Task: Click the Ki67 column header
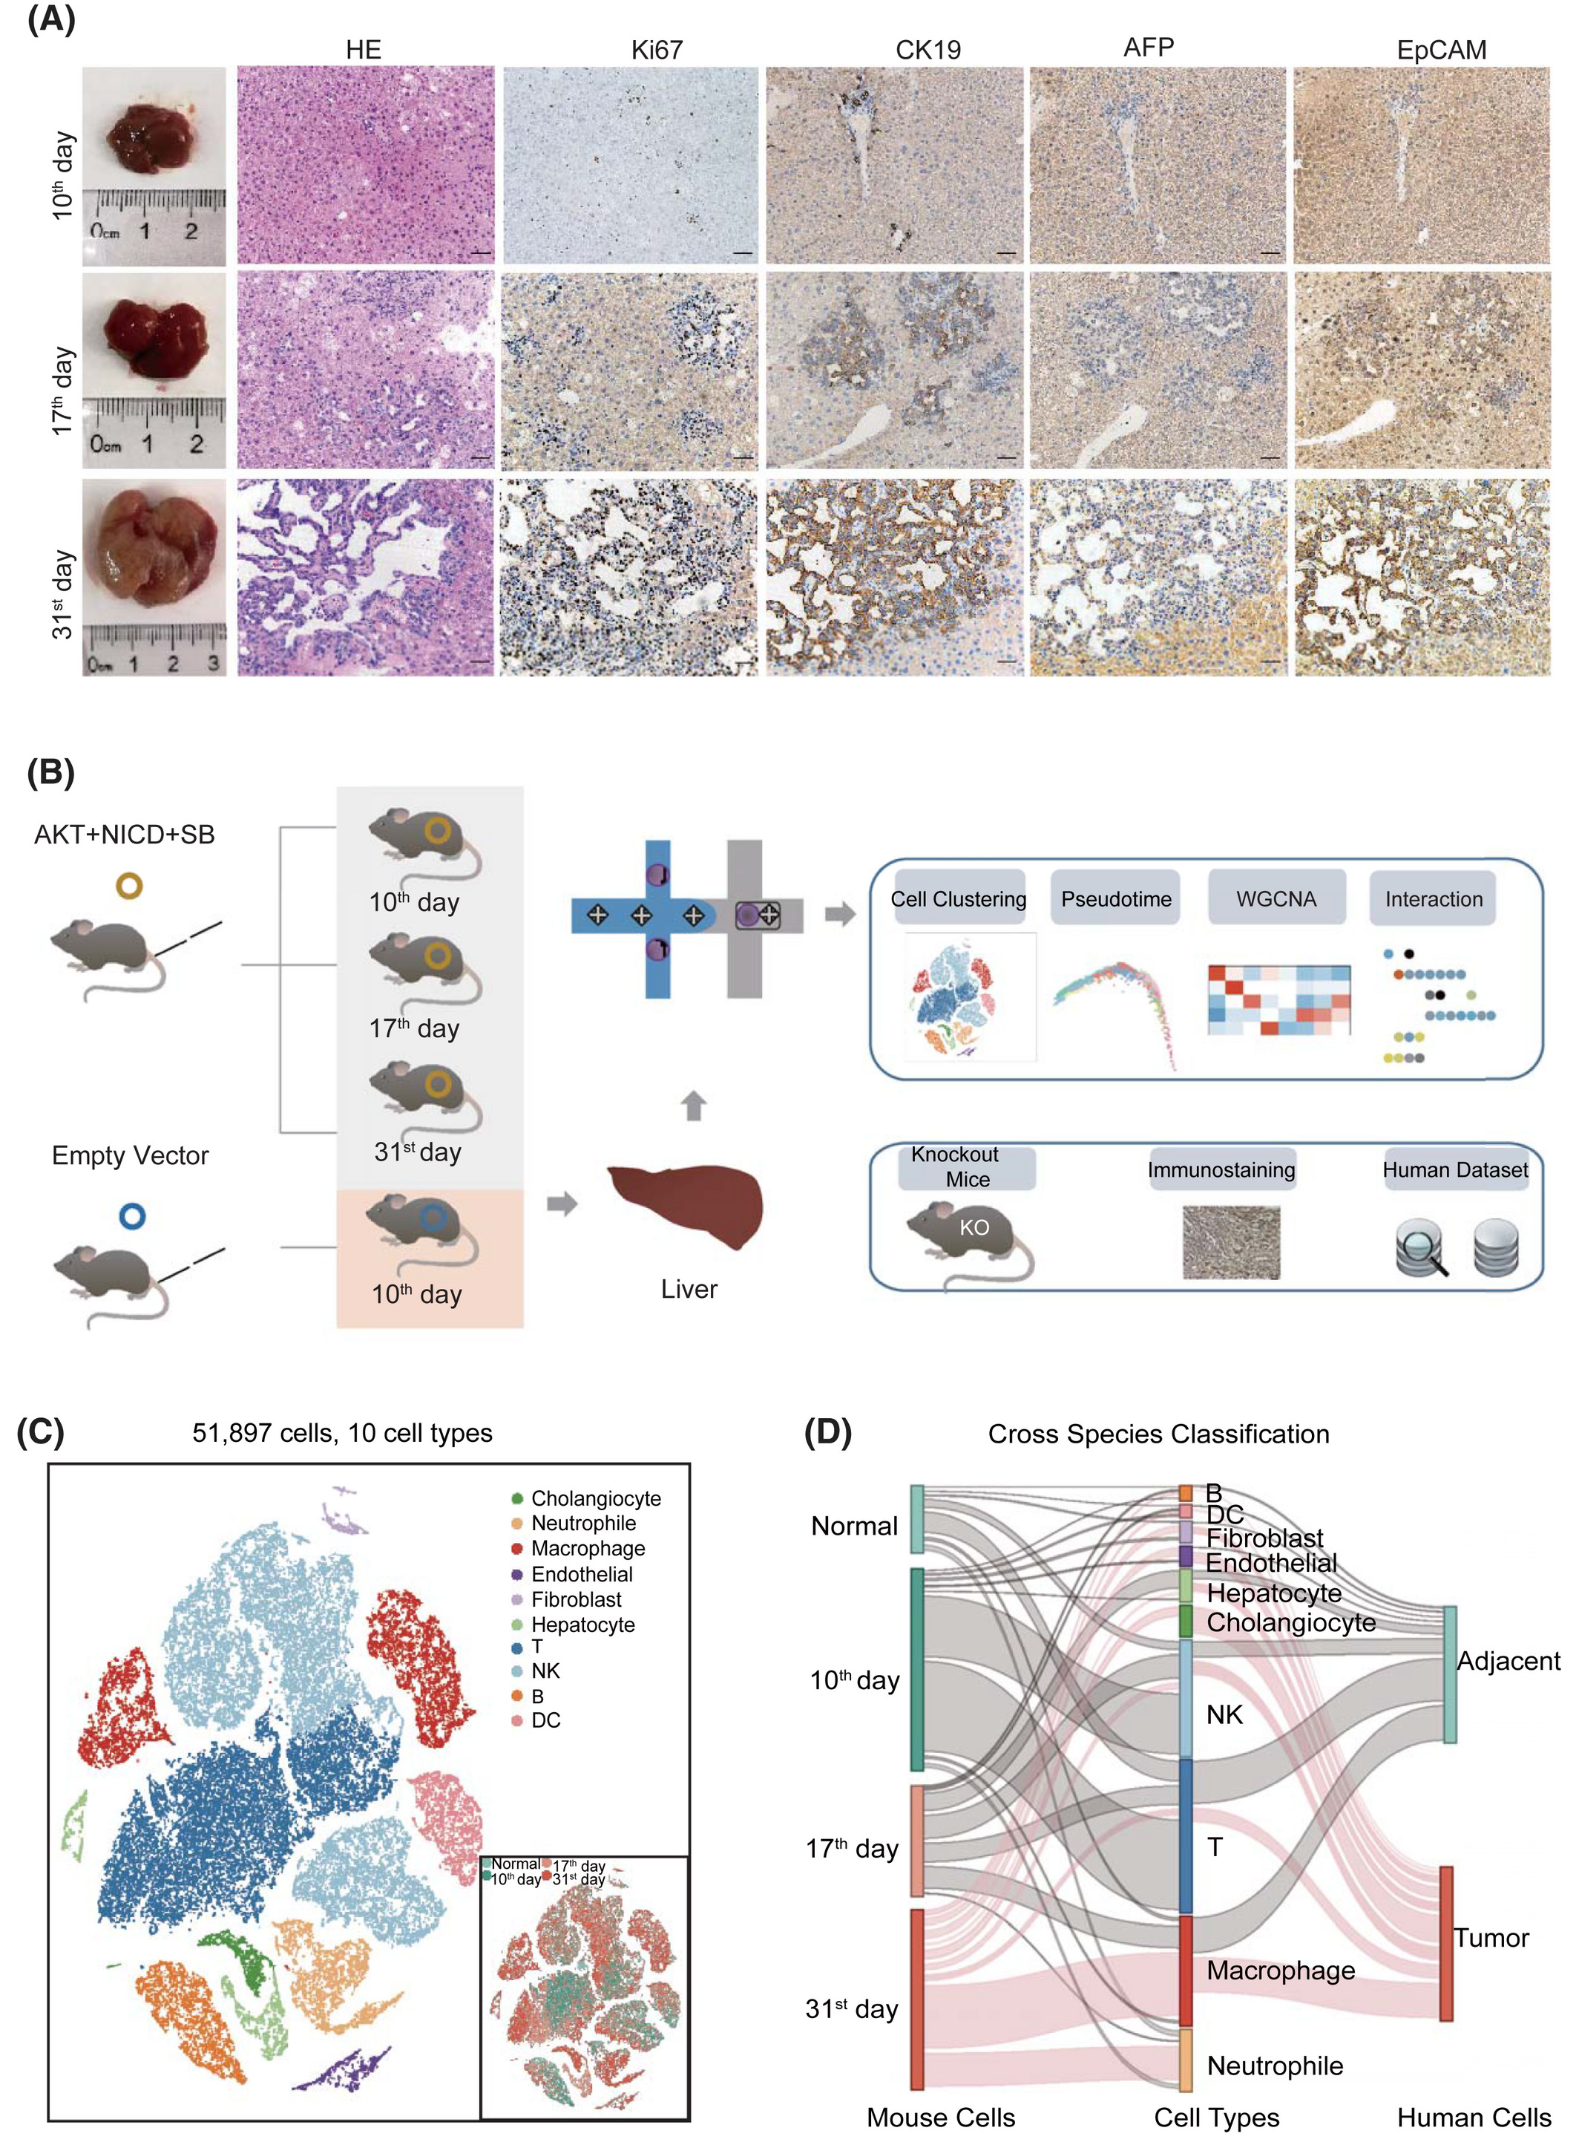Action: pos(657,50)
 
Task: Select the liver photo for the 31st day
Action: pos(154,578)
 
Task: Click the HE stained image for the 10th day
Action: pos(366,166)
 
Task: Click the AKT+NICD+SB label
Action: pos(124,835)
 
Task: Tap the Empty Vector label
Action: pos(130,1155)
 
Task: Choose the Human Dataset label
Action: pos(1455,1169)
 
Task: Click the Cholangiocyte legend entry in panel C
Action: pos(586,1498)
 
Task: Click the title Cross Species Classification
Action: pos(1158,1434)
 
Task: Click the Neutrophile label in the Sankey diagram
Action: pos(1275,2066)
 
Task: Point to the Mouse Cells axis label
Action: pos(941,2118)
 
